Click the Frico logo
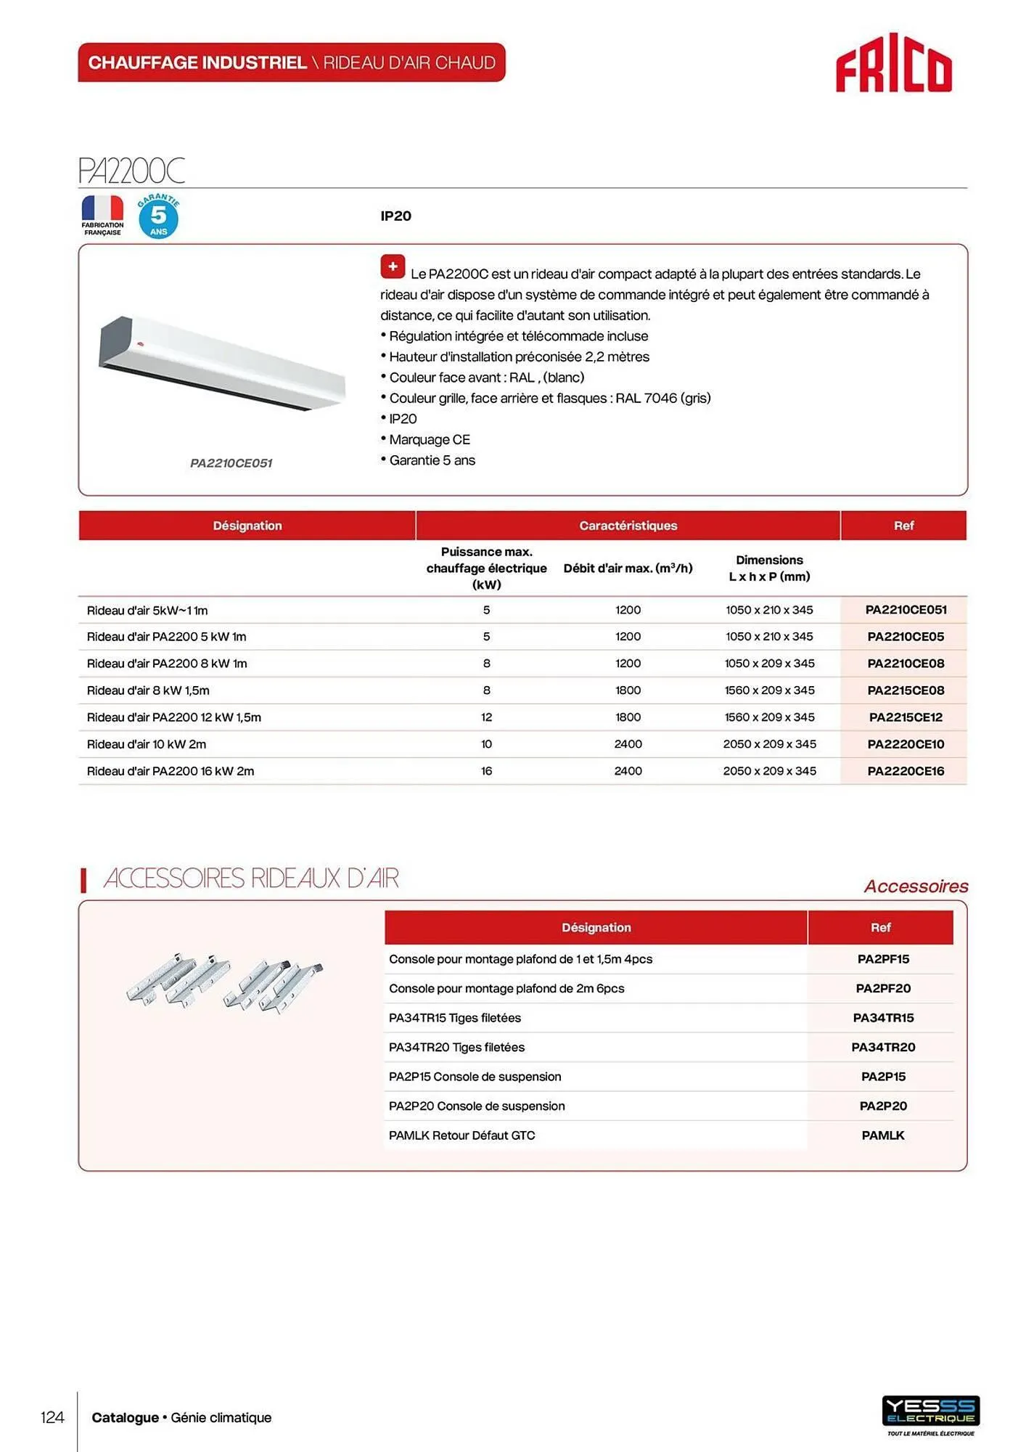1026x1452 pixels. point(893,64)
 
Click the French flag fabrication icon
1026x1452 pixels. point(102,209)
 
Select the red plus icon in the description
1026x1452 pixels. point(393,266)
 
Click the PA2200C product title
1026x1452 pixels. point(131,171)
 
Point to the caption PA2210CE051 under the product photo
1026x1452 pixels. point(231,463)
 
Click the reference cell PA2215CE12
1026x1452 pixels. point(905,717)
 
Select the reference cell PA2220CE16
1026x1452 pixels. point(905,771)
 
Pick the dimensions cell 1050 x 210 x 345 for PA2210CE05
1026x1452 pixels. point(769,637)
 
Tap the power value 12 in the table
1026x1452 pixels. point(486,717)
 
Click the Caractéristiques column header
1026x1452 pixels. point(628,526)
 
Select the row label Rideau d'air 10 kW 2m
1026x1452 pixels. point(147,744)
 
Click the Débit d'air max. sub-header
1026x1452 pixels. point(628,568)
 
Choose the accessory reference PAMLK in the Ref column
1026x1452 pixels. point(882,1135)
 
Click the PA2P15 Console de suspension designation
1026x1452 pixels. point(475,1077)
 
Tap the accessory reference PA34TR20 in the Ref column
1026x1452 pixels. point(882,1047)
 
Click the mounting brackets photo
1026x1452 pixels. point(224,981)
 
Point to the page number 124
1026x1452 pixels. point(52,1417)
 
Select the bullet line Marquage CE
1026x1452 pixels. point(429,440)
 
